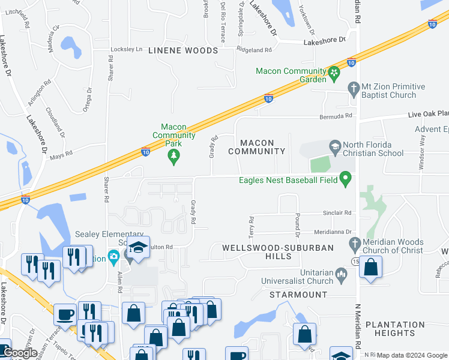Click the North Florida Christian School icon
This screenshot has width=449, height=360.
click(334, 145)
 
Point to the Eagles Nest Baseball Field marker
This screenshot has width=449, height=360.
click(345, 178)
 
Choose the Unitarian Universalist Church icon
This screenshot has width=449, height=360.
click(342, 276)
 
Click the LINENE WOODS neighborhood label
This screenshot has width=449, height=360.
click(183, 50)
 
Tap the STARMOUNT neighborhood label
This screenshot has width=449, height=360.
click(294, 295)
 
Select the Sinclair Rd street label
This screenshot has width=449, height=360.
click(336, 213)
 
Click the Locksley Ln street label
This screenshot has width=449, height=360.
click(126, 49)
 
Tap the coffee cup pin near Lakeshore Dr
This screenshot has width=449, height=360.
click(65, 315)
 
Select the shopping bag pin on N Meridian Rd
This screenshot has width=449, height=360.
click(371, 267)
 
